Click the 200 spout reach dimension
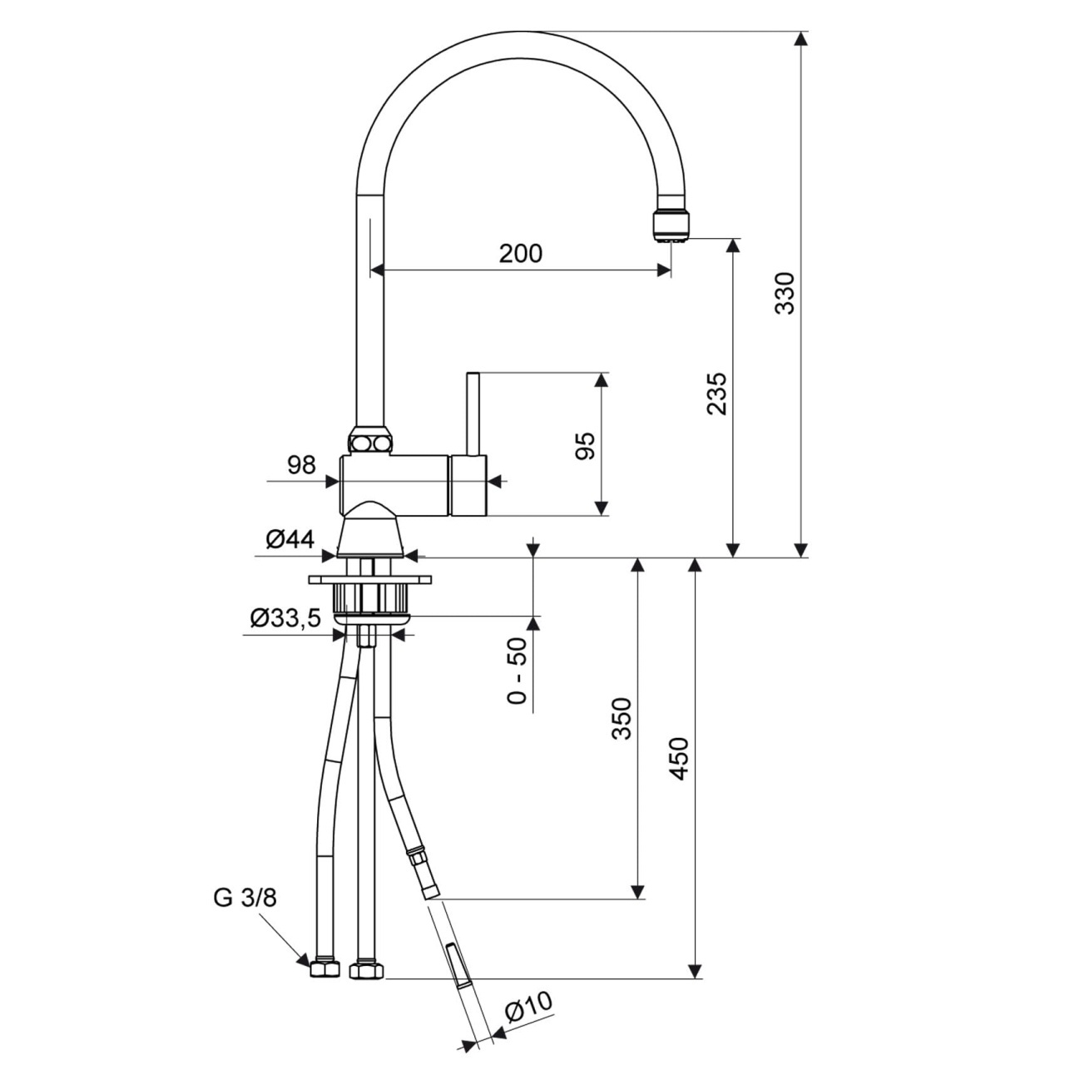[x=521, y=254]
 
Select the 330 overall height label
[x=784, y=294]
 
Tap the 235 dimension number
[x=717, y=394]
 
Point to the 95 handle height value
[x=585, y=446]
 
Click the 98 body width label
[x=302, y=465]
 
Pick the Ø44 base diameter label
[x=290, y=539]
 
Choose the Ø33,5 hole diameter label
[x=285, y=618]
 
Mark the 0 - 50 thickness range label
[x=516, y=671]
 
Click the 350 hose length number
[x=622, y=719]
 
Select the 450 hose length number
[x=679, y=759]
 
